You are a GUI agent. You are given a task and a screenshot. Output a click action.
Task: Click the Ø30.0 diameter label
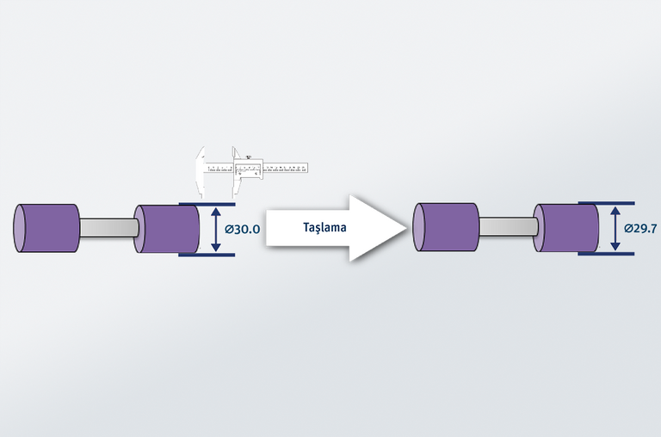pyautogui.click(x=242, y=230)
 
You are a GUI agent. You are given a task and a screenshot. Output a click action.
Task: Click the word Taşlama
pyautogui.click(x=324, y=228)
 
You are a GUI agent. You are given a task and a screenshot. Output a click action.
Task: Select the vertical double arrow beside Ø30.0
pyautogui.click(x=216, y=230)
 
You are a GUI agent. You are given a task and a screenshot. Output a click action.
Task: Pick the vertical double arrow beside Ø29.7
pyautogui.click(x=615, y=229)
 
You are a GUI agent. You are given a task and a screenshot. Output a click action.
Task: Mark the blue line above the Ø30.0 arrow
pyautogui.click(x=207, y=204)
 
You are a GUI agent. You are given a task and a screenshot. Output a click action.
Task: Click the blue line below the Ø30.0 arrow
pyautogui.click(x=207, y=255)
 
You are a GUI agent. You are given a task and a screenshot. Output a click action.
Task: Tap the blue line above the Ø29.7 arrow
pyautogui.click(x=606, y=204)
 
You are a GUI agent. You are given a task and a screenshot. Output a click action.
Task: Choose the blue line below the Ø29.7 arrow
pyautogui.click(x=606, y=254)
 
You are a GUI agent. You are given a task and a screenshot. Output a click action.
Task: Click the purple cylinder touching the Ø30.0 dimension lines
pyautogui.click(x=169, y=229)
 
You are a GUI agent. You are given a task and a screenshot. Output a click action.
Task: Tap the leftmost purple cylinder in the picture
pyautogui.click(x=47, y=228)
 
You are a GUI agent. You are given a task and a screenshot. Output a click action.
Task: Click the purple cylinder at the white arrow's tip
pyautogui.click(x=446, y=228)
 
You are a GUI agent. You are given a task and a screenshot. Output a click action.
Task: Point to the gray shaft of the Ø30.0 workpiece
pyautogui.click(x=107, y=228)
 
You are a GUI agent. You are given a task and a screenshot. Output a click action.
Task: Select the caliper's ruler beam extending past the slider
pyautogui.click(x=289, y=165)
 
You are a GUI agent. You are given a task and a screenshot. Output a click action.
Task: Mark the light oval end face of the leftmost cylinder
pyautogui.click(x=21, y=228)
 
